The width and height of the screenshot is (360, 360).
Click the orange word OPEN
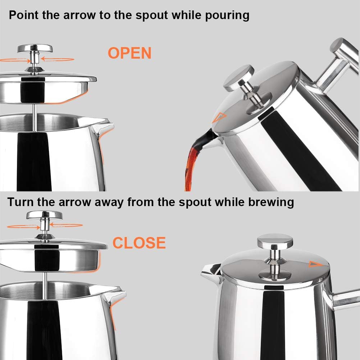(x=129, y=53)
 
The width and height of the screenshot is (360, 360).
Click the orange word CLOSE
(x=139, y=243)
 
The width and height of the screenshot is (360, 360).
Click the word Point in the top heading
(x=24, y=15)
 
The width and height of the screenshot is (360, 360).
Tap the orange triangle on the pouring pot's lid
(x=218, y=117)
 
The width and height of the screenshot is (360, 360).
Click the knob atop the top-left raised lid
(x=35, y=48)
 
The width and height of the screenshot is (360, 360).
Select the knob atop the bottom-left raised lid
(x=45, y=215)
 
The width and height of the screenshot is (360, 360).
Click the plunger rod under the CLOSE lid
(x=46, y=277)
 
